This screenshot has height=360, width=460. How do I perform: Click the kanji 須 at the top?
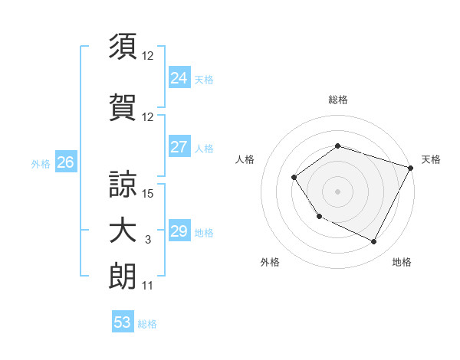[123, 47]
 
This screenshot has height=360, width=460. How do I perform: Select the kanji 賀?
[123, 106]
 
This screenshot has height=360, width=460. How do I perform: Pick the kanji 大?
[123, 231]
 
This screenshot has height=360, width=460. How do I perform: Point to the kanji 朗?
[123, 276]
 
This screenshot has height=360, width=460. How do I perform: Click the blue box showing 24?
[179, 78]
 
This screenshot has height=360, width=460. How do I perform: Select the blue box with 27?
[179, 147]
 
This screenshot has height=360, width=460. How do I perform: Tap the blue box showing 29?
[179, 231]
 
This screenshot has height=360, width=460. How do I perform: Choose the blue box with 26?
[65, 162]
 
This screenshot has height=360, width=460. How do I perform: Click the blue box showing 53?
[122, 322]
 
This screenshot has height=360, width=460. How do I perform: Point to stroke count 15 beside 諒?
[149, 193]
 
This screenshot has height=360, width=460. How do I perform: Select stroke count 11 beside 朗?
[148, 286]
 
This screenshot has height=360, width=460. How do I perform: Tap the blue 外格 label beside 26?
[41, 163]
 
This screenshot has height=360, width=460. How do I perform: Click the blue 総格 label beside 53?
[147, 323]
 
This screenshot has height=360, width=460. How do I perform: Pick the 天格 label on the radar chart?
[431, 159]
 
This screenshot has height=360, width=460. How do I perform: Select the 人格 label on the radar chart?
[245, 159]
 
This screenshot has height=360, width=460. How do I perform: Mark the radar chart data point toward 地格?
[374, 242]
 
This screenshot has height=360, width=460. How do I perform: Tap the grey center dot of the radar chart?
[337, 191]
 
